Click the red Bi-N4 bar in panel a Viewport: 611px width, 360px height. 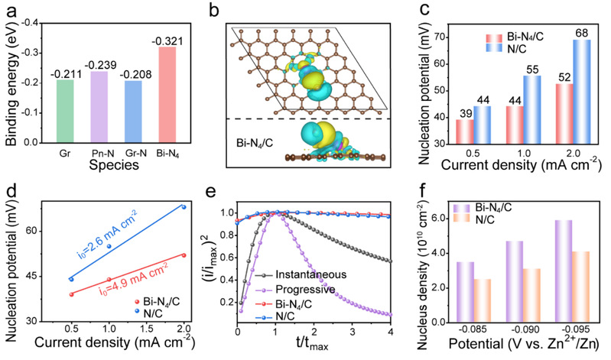(x=167, y=95)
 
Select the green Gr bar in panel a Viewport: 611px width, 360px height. (x=65, y=112)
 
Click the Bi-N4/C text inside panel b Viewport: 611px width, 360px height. (x=255, y=143)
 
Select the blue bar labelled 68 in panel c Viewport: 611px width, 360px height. (x=582, y=92)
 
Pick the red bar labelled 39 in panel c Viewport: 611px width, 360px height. (x=465, y=131)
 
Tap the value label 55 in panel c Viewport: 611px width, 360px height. (x=532, y=70)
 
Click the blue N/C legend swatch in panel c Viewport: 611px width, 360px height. (x=494, y=48)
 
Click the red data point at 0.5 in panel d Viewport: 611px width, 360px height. (x=71, y=294)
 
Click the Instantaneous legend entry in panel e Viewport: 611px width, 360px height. (x=301, y=274)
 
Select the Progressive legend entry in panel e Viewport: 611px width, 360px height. (x=295, y=290)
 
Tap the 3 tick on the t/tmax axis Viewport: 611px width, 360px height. (x=352, y=332)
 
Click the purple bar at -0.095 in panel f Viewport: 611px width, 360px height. (x=564, y=271)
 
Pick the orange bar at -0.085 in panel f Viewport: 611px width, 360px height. (x=483, y=301)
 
